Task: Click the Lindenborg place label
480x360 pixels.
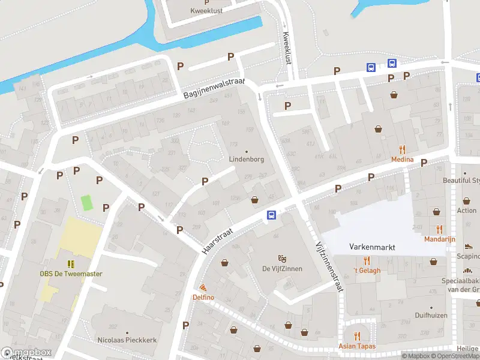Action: pos(246,160)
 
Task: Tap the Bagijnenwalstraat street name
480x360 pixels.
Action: pos(215,91)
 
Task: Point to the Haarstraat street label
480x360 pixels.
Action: pos(221,236)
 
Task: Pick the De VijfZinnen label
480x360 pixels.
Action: pos(282,268)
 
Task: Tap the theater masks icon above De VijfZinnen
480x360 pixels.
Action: pos(282,259)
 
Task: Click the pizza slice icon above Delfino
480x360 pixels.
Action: pos(203,288)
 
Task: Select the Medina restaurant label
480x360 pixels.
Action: pos(402,159)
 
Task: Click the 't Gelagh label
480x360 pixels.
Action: pos(367,270)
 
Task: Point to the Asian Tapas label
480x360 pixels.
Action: pos(358,346)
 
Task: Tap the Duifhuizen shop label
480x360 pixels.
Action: pos(432,314)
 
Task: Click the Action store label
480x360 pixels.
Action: pos(466,211)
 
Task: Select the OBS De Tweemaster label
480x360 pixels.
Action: pos(71,274)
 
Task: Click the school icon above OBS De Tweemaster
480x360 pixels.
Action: pos(71,263)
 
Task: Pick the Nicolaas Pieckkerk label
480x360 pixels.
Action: pos(127,340)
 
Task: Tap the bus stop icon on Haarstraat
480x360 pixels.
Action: pos(271,215)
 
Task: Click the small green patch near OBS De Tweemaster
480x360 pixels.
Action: pos(88,202)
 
